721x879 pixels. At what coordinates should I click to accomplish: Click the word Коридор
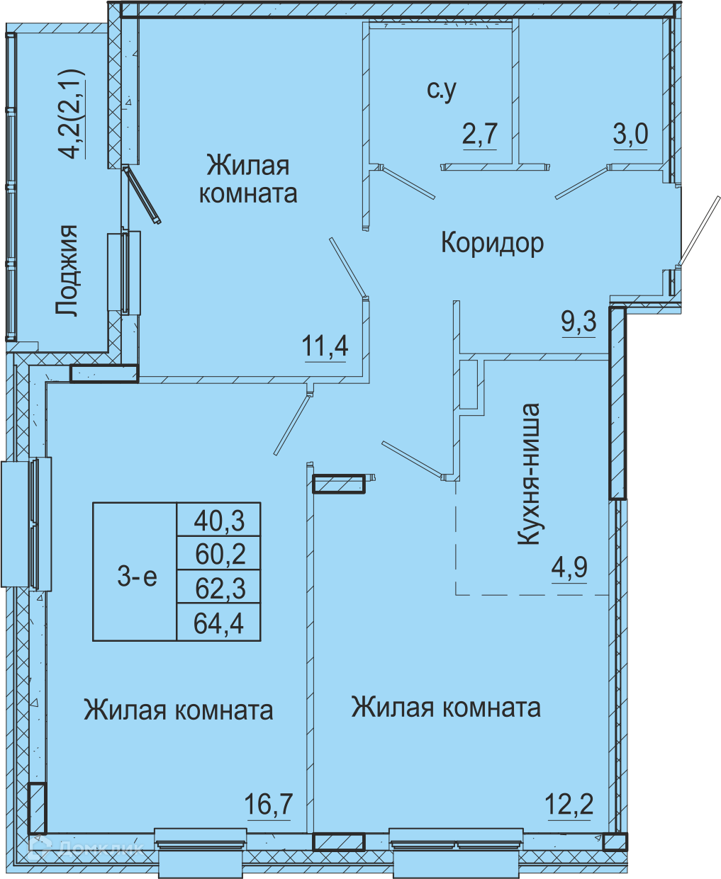click(x=492, y=243)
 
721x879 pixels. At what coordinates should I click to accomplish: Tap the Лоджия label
click(x=67, y=271)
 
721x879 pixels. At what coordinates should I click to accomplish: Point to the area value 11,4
click(x=325, y=346)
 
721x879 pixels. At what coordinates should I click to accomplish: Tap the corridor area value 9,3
click(x=579, y=322)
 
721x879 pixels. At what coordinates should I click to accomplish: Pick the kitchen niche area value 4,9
click(x=569, y=567)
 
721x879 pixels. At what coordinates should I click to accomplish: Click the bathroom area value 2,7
click(x=480, y=133)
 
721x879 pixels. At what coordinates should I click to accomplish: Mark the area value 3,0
click(x=630, y=134)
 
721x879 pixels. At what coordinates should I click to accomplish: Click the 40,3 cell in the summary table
click(x=219, y=520)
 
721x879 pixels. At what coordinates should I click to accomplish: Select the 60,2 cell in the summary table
click(x=219, y=553)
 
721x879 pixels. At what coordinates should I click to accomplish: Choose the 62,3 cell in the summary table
click(x=219, y=587)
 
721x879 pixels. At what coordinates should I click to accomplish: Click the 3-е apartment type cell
click(x=135, y=572)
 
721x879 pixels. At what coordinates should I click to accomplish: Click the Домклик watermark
click(x=89, y=849)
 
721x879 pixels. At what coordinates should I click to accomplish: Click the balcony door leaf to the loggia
click(x=142, y=195)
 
